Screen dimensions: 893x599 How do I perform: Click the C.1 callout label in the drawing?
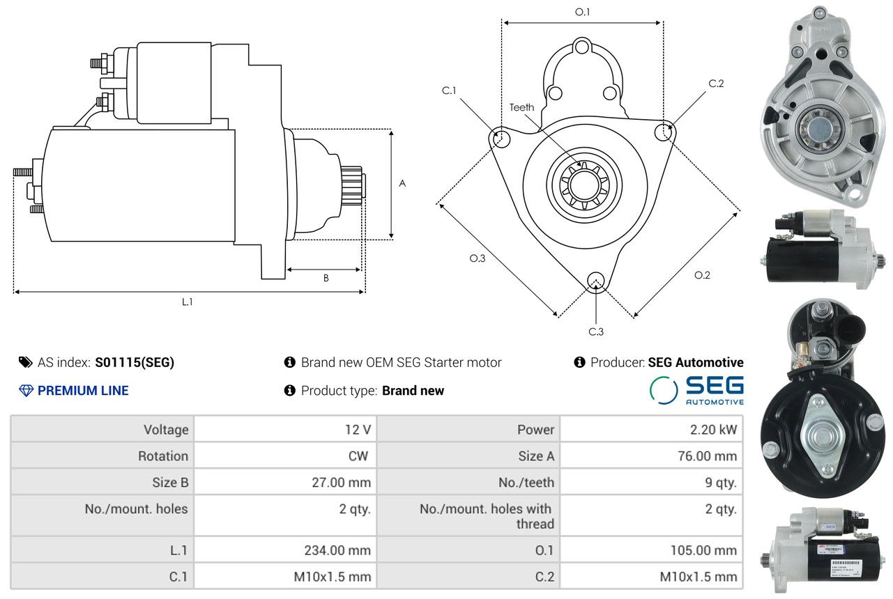pyautogui.click(x=449, y=91)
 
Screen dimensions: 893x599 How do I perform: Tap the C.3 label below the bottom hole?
pyautogui.click(x=596, y=332)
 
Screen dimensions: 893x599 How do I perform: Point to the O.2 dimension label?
pyautogui.click(x=702, y=275)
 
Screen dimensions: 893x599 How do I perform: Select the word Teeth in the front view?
pyautogui.click(x=522, y=107)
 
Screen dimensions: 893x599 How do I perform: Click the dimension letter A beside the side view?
pyautogui.click(x=402, y=183)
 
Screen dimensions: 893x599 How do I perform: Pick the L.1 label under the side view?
pyautogui.click(x=188, y=302)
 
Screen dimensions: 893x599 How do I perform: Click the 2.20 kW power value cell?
pyautogui.click(x=714, y=429)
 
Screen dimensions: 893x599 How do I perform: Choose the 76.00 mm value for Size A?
pyautogui.click(x=708, y=456)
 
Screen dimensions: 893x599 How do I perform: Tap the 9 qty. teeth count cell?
pyautogui.click(x=721, y=482)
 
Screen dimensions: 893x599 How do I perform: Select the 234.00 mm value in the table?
pyautogui.click(x=337, y=550)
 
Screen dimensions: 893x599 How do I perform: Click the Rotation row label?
pyautogui.click(x=163, y=456)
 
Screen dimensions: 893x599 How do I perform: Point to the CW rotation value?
pyautogui.click(x=358, y=456)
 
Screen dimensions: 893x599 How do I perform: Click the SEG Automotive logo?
pyautogui.click(x=696, y=390)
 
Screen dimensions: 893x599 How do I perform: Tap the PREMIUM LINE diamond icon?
pyautogui.click(x=26, y=391)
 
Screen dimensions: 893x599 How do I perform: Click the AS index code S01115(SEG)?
pyautogui.click(x=135, y=362)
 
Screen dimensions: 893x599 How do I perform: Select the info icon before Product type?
pyautogui.click(x=290, y=391)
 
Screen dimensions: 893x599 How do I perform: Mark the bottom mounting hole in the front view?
pyautogui.click(x=595, y=281)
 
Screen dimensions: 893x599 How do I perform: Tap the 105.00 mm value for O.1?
pyautogui.click(x=703, y=550)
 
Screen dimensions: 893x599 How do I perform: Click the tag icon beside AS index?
pyautogui.click(x=26, y=362)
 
